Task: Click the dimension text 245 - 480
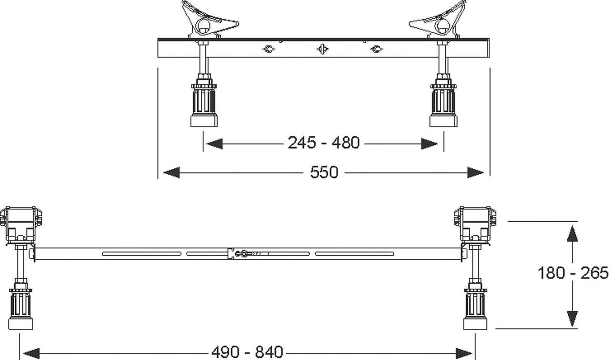pos(323,143)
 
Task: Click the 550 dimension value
pos(324,172)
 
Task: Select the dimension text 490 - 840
pos(247,352)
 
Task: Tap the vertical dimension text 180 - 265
pos(573,273)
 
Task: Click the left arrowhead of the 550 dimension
pos(172,172)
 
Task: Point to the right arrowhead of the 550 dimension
pos(475,172)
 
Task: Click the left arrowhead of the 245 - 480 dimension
pos(215,144)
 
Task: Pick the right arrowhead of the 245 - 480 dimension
pos(430,144)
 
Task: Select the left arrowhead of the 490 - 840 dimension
pos(32,353)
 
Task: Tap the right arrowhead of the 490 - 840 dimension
pos(464,353)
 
